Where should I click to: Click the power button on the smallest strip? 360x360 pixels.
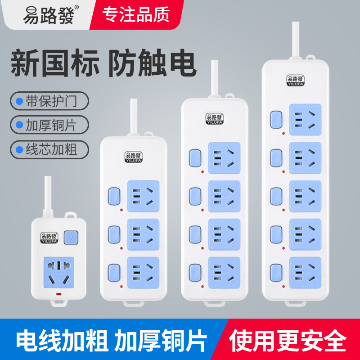[x=71, y=237]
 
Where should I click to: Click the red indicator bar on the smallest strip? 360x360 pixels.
[x=57, y=295]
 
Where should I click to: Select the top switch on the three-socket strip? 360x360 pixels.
[x=113, y=195]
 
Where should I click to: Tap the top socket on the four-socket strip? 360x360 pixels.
[x=224, y=158]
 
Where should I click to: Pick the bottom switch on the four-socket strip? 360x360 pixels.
[x=195, y=271]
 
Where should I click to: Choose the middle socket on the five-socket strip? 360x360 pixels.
[x=306, y=196]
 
